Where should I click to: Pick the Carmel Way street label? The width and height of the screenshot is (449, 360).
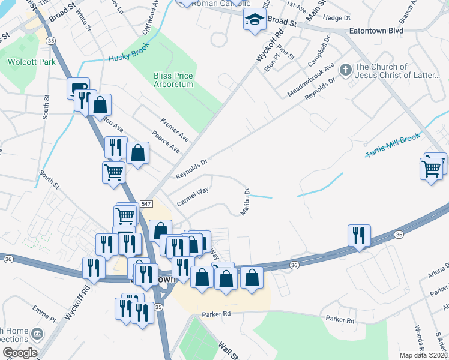point(193,197)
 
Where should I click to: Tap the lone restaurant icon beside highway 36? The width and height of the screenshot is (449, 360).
point(359,235)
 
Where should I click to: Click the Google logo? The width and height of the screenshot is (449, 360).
point(19,353)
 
